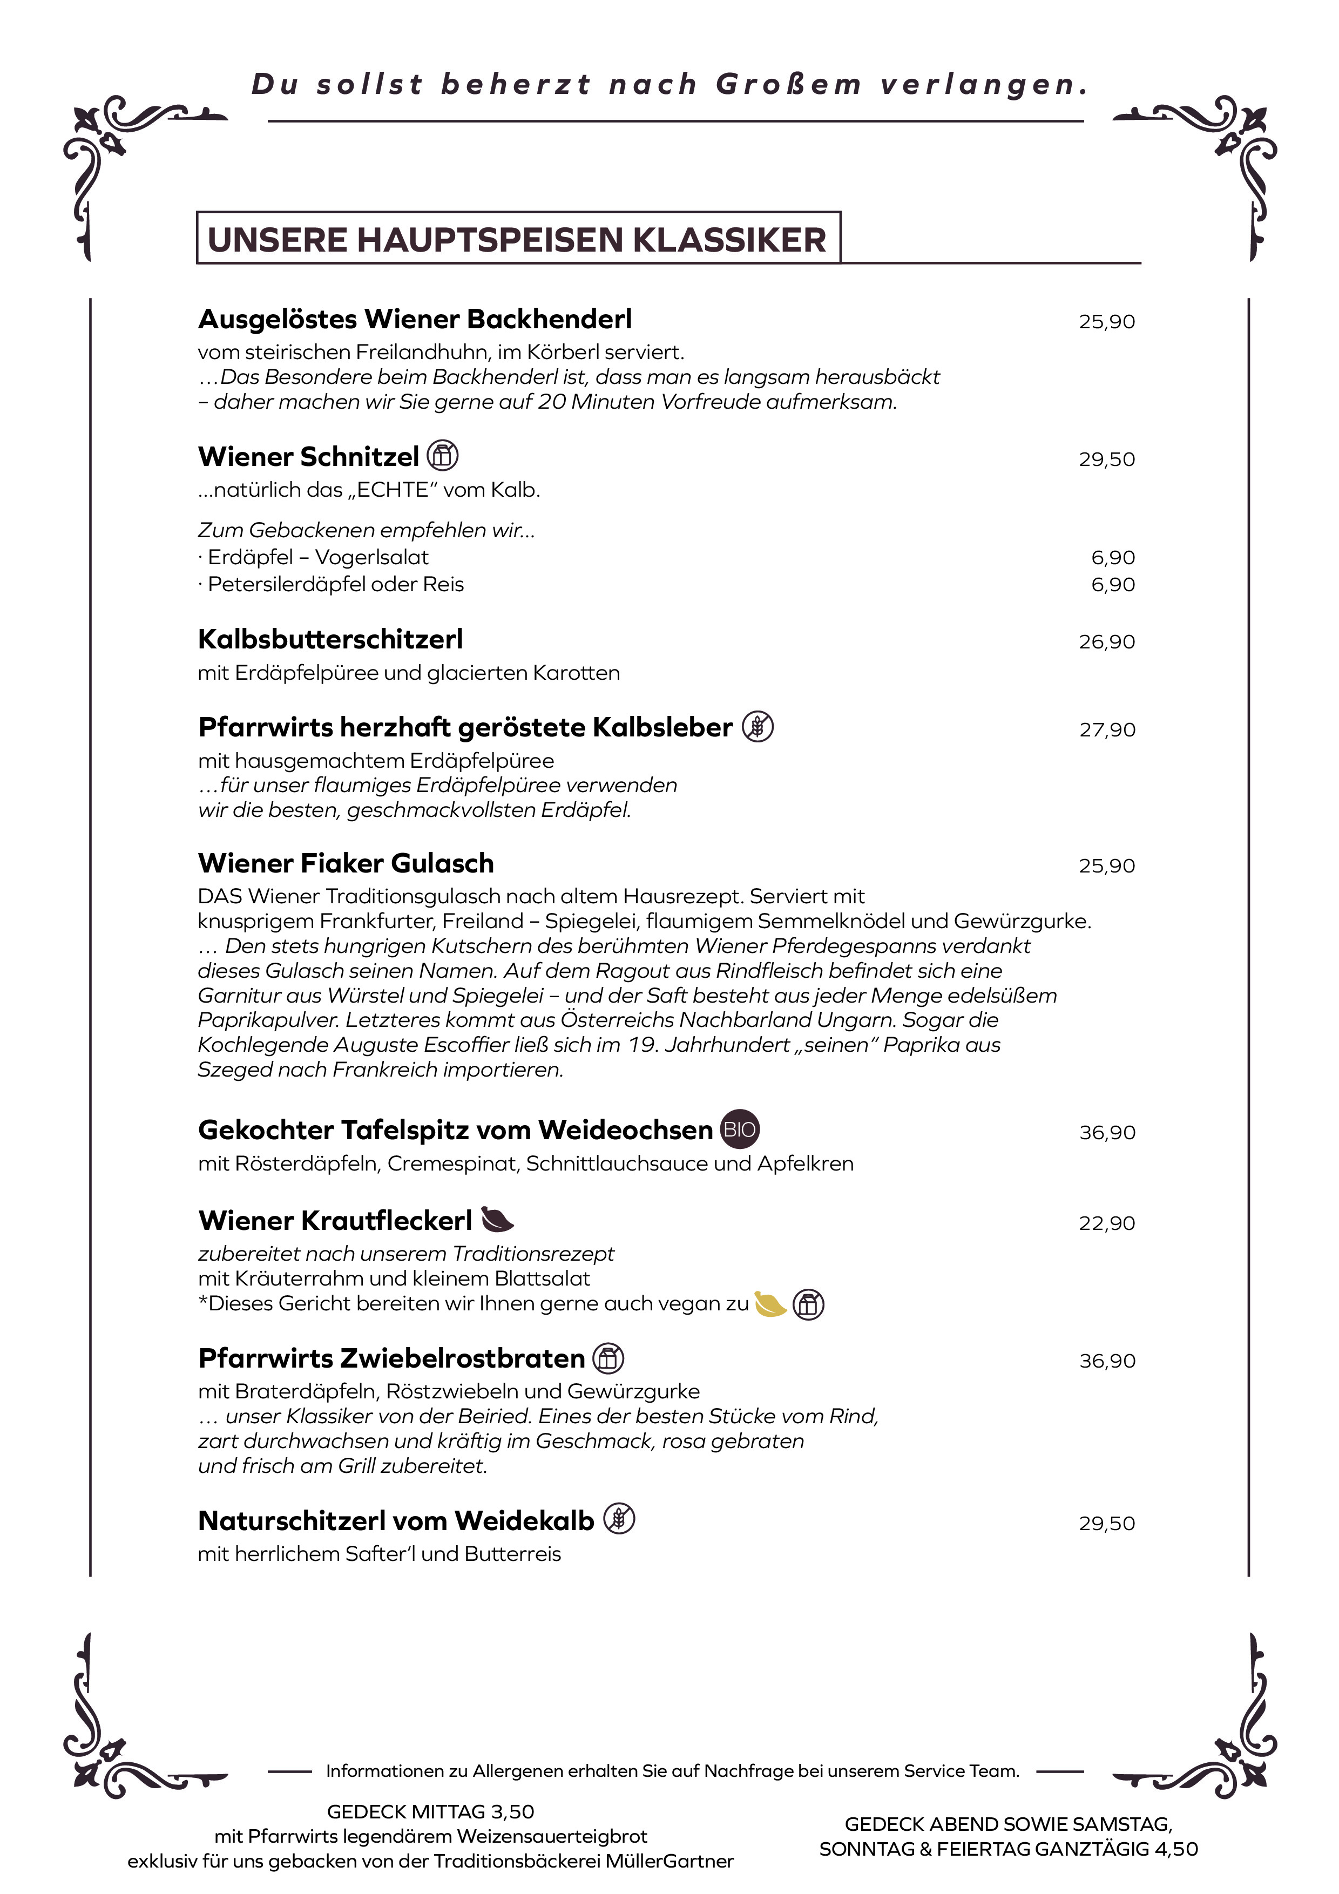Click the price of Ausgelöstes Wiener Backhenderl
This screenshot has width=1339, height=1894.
pos(1106,322)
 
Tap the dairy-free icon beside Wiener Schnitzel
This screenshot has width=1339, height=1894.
pos(443,455)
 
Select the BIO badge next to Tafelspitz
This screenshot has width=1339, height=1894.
pos(739,1129)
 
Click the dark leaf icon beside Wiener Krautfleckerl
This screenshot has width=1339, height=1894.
pos(497,1219)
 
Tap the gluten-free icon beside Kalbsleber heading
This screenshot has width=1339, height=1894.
pos(758,727)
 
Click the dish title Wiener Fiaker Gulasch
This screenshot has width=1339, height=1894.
pos(346,863)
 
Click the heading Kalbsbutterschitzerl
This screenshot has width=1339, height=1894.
pos(330,639)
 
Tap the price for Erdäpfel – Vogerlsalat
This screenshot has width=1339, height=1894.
pos(1113,558)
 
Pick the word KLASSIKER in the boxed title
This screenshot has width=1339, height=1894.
pos(730,240)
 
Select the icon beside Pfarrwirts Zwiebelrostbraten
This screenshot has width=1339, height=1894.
pos(608,1358)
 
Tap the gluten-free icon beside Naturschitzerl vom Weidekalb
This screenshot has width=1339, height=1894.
pos(619,1519)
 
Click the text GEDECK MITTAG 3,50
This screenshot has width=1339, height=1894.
pos(431,1811)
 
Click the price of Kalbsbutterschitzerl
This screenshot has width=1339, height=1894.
pos(1106,642)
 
